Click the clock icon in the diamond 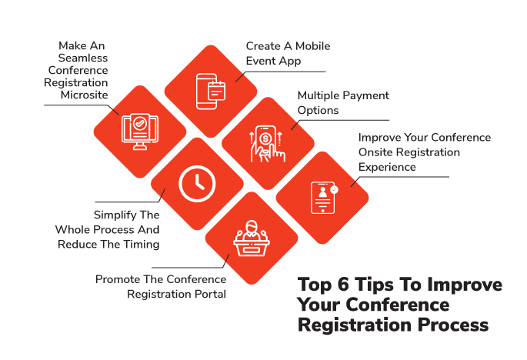[x=197, y=184]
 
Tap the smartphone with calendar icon [x=211, y=92]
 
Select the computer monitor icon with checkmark [x=140, y=132]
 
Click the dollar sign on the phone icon [x=265, y=138]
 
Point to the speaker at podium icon [x=252, y=238]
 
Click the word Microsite [x=85, y=95]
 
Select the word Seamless [x=83, y=58]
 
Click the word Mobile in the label [x=312, y=46]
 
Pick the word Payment [x=366, y=95]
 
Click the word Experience [x=387, y=167]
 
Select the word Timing [x=141, y=245]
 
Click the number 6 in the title [x=343, y=284]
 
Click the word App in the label [x=291, y=62]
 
